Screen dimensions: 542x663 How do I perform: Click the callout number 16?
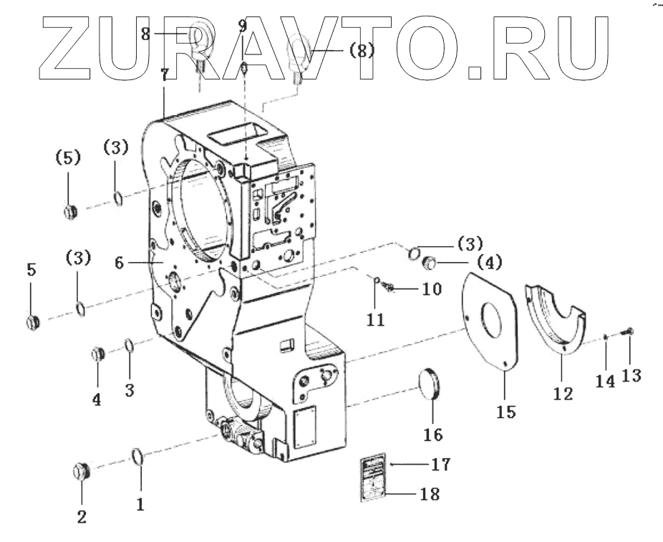pyautogui.click(x=433, y=434)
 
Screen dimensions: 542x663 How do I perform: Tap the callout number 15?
pyautogui.click(x=505, y=412)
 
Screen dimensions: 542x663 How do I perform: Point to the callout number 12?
pyautogui.click(x=563, y=393)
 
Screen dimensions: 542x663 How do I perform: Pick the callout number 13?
pyautogui.click(x=631, y=374)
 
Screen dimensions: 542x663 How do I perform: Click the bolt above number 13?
pyautogui.click(x=629, y=330)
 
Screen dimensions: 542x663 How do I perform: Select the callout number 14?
pyautogui.click(x=606, y=382)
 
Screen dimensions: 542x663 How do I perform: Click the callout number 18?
pyautogui.click(x=441, y=493)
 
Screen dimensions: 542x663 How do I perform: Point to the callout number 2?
pyautogui.click(x=82, y=516)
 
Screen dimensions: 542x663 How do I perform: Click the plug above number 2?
pyautogui.click(x=82, y=472)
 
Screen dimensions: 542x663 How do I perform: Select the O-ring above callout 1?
pyautogui.click(x=138, y=455)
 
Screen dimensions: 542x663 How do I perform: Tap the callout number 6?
pyautogui.click(x=120, y=263)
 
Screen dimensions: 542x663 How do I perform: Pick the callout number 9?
pyautogui.click(x=242, y=26)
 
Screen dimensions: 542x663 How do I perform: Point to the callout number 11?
pyautogui.click(x=376, y=319)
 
